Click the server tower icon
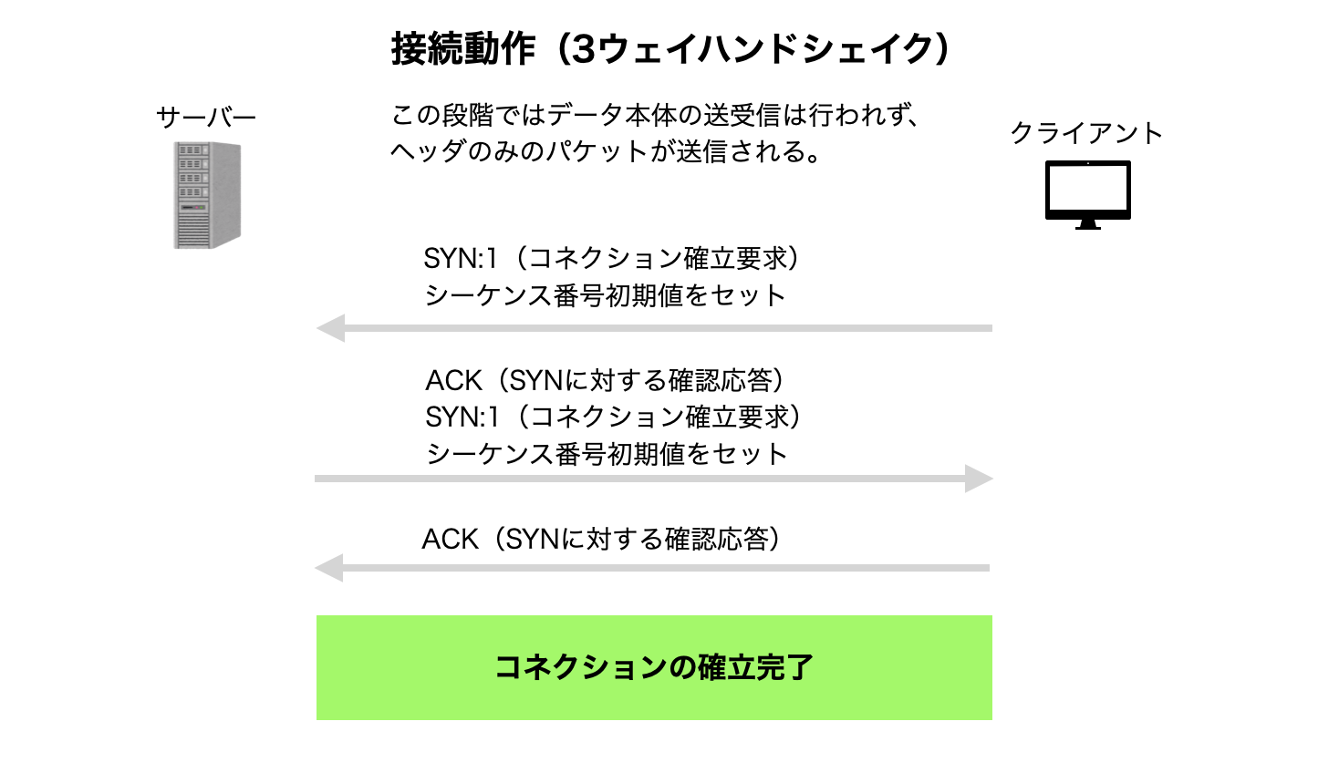(207, 194)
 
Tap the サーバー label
(206, 118)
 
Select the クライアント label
(1086, 133)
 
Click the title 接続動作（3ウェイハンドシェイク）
(671, 49)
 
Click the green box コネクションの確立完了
(654, 667)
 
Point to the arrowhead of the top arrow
(331, 328)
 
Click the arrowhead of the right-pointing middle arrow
(978, 479)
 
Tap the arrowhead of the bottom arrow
(329, 568)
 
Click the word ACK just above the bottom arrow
(450, 540)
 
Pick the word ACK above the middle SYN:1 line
(453, 380)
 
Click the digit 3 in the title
(585, 49)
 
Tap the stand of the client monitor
(1087, 223)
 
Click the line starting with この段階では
(655, 116)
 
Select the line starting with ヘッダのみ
(606, 151)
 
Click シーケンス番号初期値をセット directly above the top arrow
(605, 295)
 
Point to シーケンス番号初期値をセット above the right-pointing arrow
(607, 454)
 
